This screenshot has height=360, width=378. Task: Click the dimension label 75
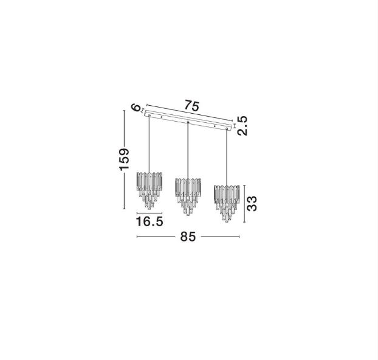192,106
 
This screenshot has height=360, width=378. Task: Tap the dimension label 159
125,159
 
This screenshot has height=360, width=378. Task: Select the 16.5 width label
149,221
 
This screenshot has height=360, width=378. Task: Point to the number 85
188,237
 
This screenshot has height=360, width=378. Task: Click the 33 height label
252,204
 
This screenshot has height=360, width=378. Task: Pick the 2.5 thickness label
242,126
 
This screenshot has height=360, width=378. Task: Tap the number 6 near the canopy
136,108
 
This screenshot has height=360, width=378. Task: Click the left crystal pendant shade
149,190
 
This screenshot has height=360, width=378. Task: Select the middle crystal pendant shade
188,196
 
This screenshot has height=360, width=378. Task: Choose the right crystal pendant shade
227,203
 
